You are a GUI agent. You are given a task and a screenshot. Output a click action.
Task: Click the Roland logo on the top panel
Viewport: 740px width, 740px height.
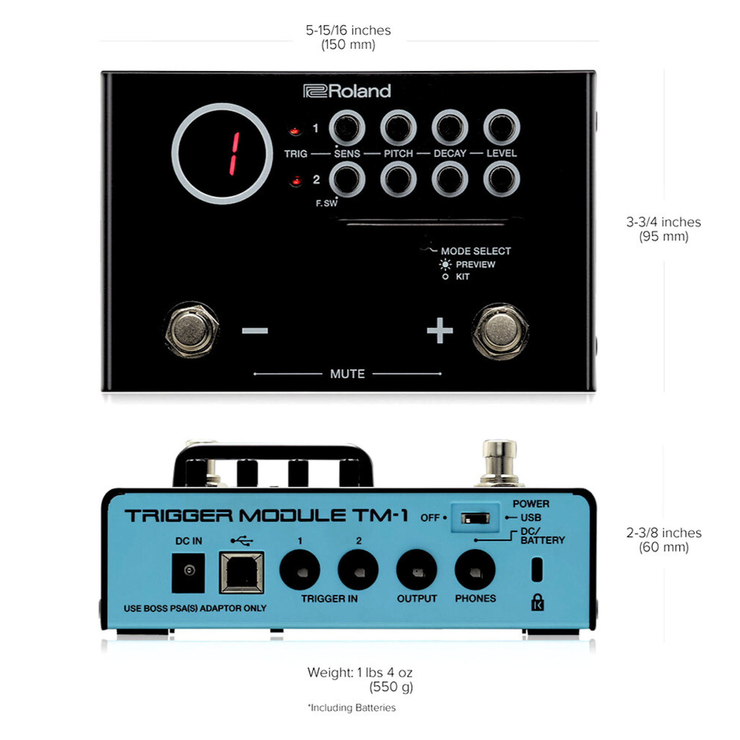(x=347, y=91)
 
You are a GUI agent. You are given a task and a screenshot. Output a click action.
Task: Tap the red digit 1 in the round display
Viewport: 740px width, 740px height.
(x=234, y=154)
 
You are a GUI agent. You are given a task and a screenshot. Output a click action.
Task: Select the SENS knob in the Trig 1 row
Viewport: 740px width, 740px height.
(x=347, y=127)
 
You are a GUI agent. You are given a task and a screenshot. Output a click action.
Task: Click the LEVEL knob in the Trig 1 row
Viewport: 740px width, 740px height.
(x=502, y=127)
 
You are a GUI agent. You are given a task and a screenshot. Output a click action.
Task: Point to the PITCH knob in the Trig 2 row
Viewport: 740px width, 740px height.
(x=398, y=179)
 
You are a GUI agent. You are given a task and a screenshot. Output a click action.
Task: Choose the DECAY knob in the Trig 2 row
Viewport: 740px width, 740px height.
(x=450, y=179)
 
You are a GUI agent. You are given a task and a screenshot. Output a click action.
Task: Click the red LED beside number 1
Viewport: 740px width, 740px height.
(x=294, y=131)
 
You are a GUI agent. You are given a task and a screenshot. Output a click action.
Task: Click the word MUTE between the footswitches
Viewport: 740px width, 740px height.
(x=347, y=374)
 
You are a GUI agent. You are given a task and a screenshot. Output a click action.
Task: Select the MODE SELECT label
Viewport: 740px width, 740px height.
(x=475, y=251)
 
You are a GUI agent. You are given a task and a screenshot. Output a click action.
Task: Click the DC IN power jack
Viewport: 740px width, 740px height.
(x=188, y=572)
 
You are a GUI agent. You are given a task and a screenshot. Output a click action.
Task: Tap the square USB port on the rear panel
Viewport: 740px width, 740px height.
(x=241, y=573)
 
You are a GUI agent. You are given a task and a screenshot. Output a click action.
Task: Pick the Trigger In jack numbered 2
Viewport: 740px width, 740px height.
(x=358, y=570)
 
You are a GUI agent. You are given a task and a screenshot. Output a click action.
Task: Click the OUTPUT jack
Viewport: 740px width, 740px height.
(x=417, y=570)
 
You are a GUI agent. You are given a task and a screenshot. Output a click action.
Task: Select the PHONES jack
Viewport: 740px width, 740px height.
(x=475, y=570)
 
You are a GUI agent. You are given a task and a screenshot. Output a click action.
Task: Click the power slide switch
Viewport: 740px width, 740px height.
(x=475, y=518)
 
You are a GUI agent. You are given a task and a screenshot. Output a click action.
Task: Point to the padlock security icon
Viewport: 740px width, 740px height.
(x=537, y=602)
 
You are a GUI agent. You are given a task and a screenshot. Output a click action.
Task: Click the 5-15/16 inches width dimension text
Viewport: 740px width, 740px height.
(x=348, y=31)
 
